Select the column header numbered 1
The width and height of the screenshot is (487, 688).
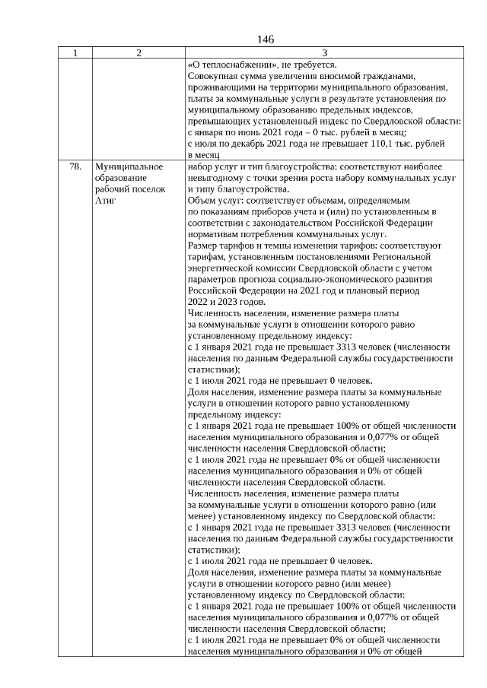(x=75, y=53)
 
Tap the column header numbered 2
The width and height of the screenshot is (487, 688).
(x=138, y=53)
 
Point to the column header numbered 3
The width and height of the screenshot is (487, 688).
(x=324, y=53)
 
